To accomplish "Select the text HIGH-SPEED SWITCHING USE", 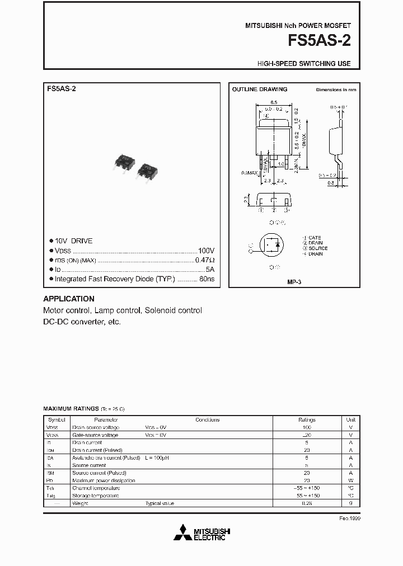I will click(304, 64).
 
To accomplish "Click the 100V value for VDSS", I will click(206, 251).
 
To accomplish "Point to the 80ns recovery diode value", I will click(207, 279).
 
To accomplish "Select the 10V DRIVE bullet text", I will click(73, 241).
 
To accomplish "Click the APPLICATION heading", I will click(69, 299).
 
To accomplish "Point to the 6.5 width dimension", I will click(274, 102).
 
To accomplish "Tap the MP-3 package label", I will click(294, 282).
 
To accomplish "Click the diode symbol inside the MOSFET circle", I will click(278, 244).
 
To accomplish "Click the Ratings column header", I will click(307, 419).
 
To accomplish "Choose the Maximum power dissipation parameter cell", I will click(104, 480).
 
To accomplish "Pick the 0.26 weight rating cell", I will click(307, 503).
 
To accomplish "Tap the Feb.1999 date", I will click(350, 518).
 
